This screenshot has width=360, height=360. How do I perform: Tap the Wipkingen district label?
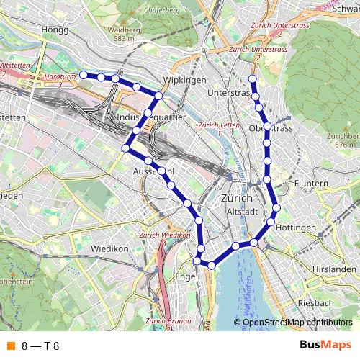(186, 79)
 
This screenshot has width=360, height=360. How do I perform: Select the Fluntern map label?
(311, 184)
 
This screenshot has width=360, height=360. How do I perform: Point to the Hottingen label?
(296, 228)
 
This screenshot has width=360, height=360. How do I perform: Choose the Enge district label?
(185, 276)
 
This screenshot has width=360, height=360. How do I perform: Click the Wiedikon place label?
(109, 249)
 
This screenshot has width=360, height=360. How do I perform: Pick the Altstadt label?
(242, 212)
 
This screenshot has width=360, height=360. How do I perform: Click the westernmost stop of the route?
(84, 74)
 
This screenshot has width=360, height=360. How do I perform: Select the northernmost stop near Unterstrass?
(252, 78)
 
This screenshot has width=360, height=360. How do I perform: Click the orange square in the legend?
(10, 346)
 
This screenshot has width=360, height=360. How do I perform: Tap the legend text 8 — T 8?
(40, 346)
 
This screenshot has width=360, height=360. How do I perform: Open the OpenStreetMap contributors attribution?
(297, 323)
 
